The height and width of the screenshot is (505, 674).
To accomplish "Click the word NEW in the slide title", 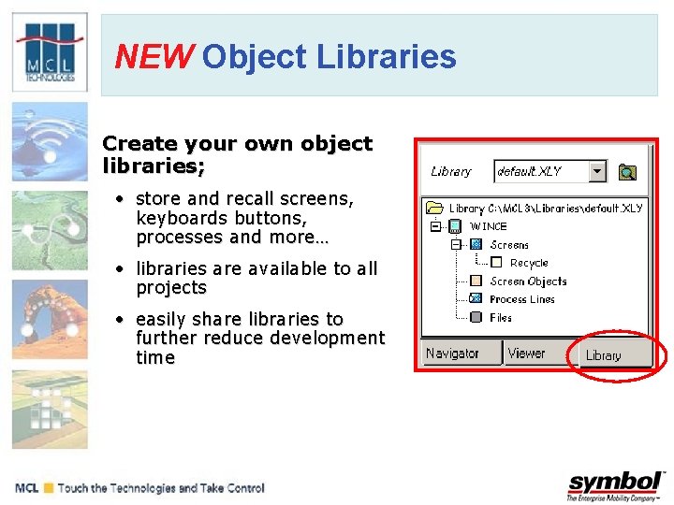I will tap(151, 57).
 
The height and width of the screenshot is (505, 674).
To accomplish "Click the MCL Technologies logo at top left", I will tap(50, 53).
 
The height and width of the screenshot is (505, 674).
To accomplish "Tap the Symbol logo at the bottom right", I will tap(616, 485).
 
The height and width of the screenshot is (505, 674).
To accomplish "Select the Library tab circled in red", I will tap(604, 355).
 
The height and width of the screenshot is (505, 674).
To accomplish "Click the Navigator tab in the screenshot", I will tap(451, 353).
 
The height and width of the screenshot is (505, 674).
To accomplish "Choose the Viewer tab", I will tap(526, 353).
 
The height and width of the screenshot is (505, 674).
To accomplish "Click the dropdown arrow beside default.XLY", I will tap(597, 171).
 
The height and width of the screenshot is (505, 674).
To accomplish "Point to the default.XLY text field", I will tap(540, 171).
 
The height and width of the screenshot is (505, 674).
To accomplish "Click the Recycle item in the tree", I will tap(529, 263).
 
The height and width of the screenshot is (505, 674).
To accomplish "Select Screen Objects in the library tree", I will tap(528, 281).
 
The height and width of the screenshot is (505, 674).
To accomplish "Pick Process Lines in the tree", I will tap(521, 299).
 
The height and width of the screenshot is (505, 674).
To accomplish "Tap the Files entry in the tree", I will tap(501, 318).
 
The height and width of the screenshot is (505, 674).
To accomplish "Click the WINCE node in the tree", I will tap(488, 226).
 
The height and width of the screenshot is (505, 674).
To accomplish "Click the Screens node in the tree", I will tap(509, 245).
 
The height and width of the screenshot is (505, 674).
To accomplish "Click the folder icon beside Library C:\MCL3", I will tap(433, 208).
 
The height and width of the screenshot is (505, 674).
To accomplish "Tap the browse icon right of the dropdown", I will tap(627, 171).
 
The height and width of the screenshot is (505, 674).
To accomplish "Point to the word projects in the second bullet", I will tap(170, 288).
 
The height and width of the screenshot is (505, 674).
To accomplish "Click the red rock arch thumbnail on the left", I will tap(50, 318).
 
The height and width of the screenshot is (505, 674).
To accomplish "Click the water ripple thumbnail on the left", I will tap(50, 140).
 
